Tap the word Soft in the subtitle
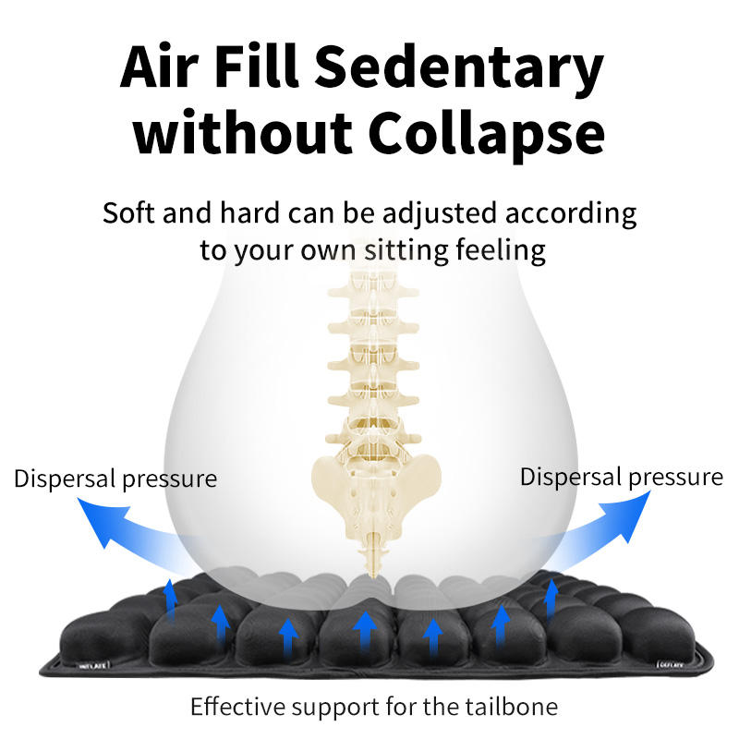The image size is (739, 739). [128, 213]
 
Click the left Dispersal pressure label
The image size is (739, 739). [115, 479]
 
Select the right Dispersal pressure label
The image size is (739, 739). [621, 477]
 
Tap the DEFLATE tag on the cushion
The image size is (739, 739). [671, 662]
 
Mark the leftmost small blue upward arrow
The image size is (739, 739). [169, 597]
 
